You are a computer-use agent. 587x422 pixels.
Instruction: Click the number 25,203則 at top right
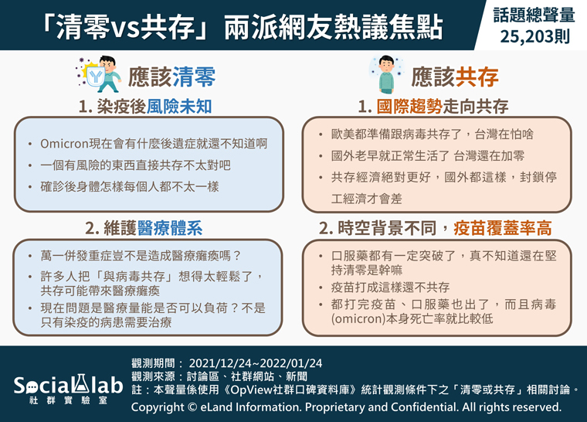click(535, 37)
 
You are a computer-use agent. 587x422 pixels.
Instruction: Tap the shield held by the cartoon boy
click(96, 77)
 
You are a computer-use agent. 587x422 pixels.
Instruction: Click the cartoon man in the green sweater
click(387, 74)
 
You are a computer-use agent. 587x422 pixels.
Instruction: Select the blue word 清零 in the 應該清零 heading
click(194, 77)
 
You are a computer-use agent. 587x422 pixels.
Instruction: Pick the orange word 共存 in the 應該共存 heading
click(477, 77)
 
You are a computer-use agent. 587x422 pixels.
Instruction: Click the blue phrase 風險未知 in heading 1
click(179, 107)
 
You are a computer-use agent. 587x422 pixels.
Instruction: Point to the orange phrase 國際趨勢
click(409, 107)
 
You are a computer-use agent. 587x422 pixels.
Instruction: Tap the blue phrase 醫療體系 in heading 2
click(170, 228)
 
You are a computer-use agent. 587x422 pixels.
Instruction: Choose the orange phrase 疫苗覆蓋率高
click(502, 228)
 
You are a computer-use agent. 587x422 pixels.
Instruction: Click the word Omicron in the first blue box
click(63, 144)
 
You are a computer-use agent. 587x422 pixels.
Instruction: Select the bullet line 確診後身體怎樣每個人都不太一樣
click(130, 186)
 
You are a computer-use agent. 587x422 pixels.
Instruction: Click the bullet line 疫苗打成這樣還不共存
click(390, 288)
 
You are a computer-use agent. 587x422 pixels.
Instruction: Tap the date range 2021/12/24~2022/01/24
click(256, 363)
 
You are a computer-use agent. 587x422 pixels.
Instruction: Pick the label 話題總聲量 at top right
click(534, 15)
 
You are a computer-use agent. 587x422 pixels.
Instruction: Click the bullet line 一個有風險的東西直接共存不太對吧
click(135, 165)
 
